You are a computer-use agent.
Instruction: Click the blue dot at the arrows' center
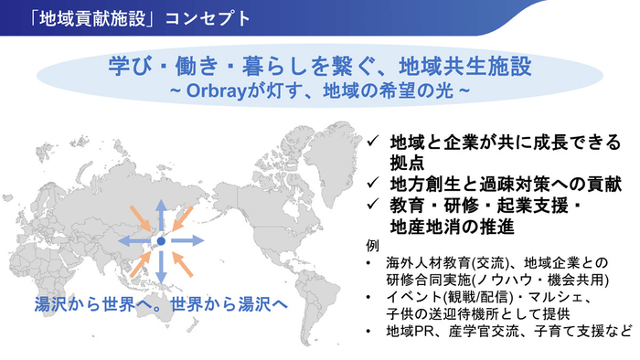click(161, 241)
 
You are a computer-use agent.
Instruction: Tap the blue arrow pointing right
click(188, 241)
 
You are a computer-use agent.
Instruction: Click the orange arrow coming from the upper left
click(139, 220)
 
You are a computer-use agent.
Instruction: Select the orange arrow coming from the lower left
click(140, 262)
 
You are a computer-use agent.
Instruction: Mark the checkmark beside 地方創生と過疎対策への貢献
click(373, 182)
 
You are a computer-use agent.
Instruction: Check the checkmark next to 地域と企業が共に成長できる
click(373, 142)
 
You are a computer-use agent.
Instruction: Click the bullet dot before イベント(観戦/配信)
click(368, 298)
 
